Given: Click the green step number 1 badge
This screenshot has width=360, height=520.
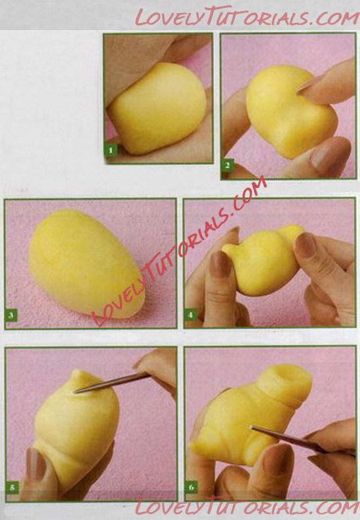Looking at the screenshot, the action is [x=111, y=151].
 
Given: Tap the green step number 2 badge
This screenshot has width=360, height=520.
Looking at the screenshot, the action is [x=227, y=165].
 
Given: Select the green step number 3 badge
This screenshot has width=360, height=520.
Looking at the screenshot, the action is [x=11, y=315].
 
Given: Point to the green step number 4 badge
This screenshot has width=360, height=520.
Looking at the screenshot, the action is [x=190, y=315].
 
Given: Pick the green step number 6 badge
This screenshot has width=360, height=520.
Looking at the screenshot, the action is [x=191, y=487].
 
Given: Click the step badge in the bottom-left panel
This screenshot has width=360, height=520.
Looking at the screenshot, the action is [x=12, y=487].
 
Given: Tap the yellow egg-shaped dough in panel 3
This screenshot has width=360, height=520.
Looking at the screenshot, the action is [x=86, y=264].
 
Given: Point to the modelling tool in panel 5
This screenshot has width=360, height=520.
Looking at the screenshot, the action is [x=111, y=383].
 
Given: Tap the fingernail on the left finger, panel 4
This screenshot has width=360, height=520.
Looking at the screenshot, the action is [x=221, y=264].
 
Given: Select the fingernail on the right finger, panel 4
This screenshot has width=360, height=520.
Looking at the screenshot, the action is [x=306, y=245].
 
